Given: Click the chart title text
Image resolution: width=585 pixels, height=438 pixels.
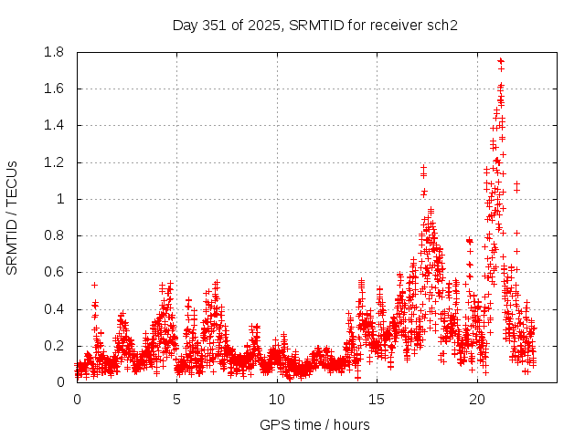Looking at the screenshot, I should pyautogui.click(x=314, y=25).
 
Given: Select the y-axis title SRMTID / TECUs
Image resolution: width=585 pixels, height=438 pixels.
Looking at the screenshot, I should pyautogui.click(x=12, y=217).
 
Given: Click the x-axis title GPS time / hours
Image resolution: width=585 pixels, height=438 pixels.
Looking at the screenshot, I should pyautogui.click(x=314, y=424).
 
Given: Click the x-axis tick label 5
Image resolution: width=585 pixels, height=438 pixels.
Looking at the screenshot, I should pyautogui.click(x=177, y=400).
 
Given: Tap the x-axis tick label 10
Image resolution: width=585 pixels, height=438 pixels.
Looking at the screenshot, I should pyautogui.click(x=277, y=400).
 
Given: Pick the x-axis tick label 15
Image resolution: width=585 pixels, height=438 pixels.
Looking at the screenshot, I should pyautogui.click(x=378, y=400).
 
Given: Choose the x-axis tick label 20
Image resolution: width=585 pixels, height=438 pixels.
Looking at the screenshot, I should pyautogui.click(x=477, y=400).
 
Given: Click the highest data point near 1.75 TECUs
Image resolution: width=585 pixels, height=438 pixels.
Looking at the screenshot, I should pyautogui.click(x=500, y=61).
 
